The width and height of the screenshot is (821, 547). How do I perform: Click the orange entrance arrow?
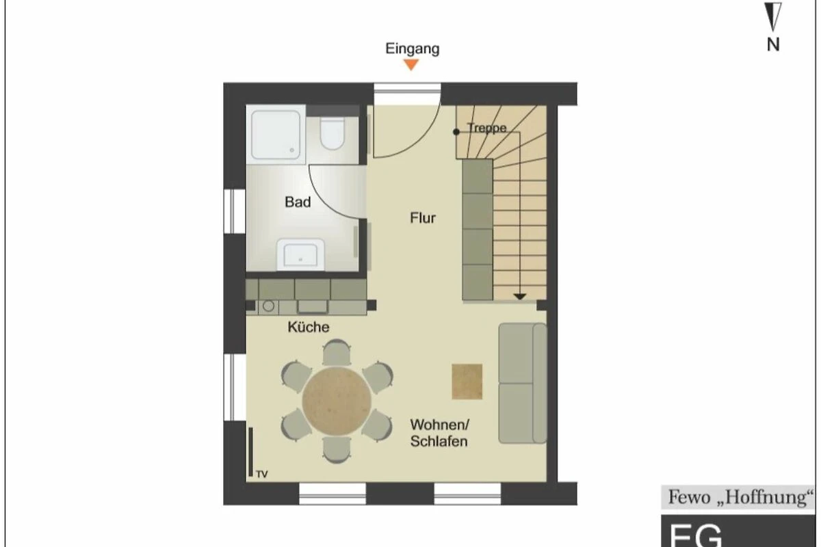click(411, 64)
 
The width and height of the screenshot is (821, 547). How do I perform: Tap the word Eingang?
click(413, 49)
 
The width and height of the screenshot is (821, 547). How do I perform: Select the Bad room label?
click(298, 202)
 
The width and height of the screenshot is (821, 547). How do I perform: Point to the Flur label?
click(423, 218)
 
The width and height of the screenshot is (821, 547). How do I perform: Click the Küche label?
click(309, 327)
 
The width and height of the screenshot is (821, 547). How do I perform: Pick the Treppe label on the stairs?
click(487, 128)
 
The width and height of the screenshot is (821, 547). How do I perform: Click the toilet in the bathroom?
click(332, 133)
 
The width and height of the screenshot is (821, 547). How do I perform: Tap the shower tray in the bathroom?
click(276, 135)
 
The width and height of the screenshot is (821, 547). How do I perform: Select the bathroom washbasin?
click(300, 254)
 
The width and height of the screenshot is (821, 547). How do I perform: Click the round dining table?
click(337, 401)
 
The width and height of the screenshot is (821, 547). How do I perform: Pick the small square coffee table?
click(467, 382)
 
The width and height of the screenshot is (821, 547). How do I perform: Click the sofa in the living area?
click(523, 383)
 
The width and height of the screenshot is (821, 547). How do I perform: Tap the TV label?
click(261, 474)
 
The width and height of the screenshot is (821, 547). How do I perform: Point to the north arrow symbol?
click(772, 16)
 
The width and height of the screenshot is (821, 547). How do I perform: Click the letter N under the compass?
click(773, 44)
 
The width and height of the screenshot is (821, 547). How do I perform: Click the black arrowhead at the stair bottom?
click(520, 296)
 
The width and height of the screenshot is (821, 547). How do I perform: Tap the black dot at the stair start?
click(456, 132)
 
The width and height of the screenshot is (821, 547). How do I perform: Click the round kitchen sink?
click(268, 306)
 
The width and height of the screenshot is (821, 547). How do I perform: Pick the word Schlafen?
click(439, 442)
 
